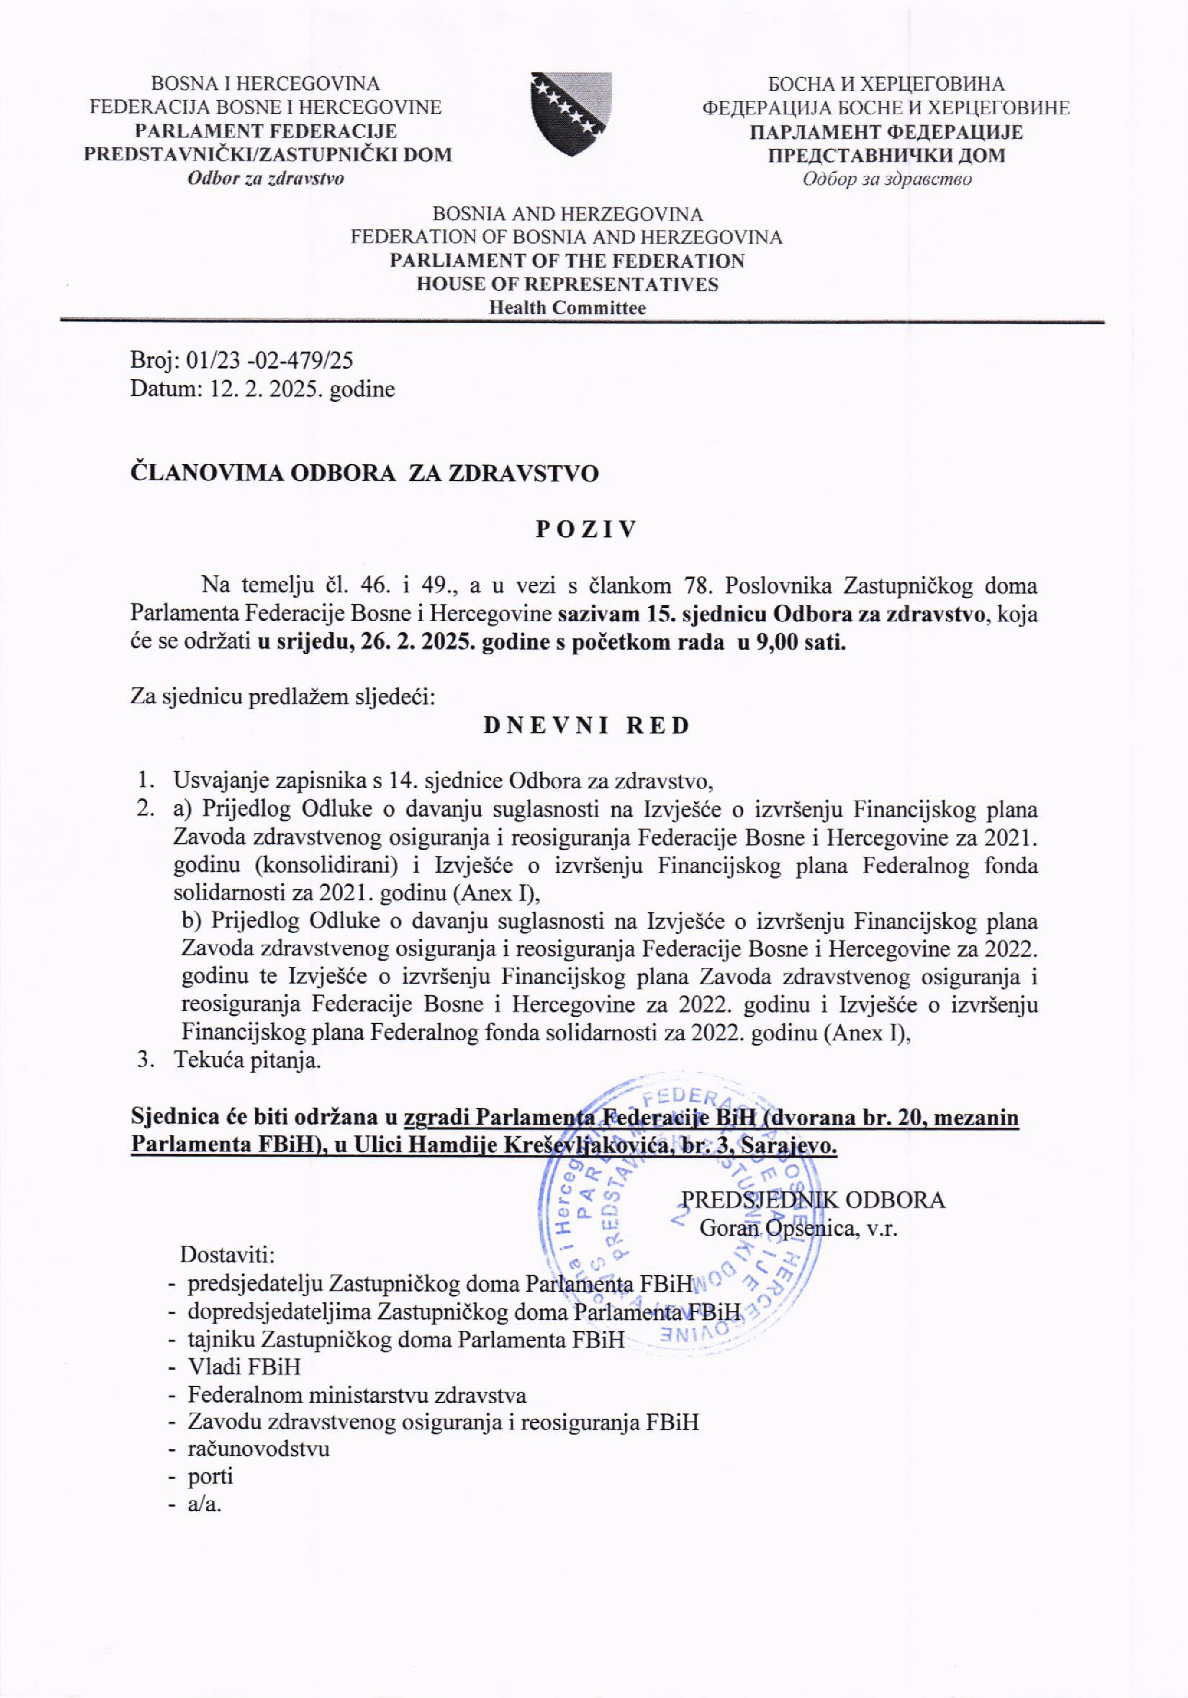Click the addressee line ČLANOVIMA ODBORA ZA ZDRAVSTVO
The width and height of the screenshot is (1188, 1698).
(x=365, y=473)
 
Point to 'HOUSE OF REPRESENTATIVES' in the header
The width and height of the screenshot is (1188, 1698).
(x=567, y=284)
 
